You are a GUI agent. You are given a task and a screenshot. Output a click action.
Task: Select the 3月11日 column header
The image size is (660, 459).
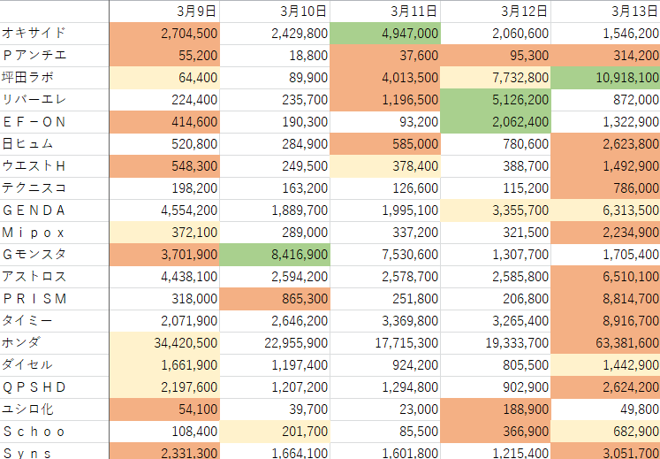click(413, 11)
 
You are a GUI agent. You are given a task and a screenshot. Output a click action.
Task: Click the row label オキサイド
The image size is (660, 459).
click(34, 34)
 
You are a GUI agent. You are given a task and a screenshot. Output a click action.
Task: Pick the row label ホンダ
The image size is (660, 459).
click(22, 342)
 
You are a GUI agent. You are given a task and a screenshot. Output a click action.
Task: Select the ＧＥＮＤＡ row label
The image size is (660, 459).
click(34, 210)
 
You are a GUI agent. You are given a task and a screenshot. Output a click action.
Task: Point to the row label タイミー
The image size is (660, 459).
click(28, 320)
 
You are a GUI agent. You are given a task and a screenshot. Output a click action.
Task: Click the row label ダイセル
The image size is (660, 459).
click(28, 364)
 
